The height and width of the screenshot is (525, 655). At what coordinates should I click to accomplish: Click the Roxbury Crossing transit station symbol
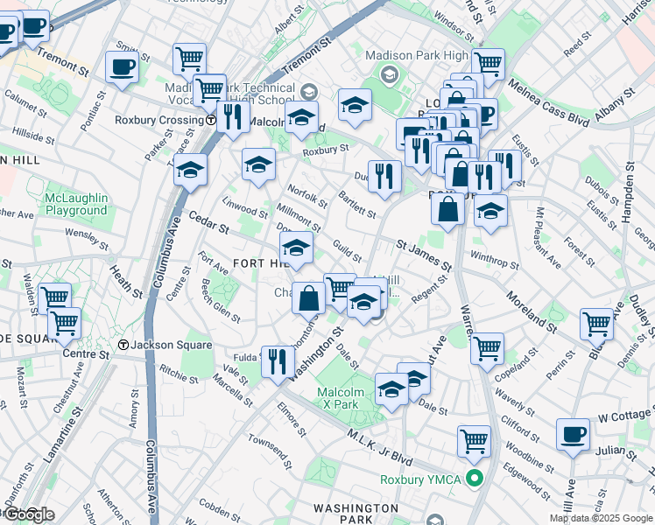click(x=211, y=120)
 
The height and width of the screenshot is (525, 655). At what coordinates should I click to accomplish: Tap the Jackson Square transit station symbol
click(x=124, y=346)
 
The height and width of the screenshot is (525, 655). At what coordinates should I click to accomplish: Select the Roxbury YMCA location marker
click(x=475, y=479)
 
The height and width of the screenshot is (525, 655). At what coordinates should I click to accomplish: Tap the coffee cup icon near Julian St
click(x=574, y=434)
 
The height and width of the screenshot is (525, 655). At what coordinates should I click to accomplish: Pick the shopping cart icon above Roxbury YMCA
click(x=474, y=440)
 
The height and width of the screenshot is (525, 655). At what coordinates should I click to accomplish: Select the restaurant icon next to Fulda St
click(x=278, y=360)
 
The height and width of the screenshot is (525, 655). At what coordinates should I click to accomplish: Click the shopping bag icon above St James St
click(x=447, y=209)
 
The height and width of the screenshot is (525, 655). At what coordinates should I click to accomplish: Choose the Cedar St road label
click(x=208, y=224)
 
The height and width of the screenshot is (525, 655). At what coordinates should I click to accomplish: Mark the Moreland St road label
click(x=531, y=313)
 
